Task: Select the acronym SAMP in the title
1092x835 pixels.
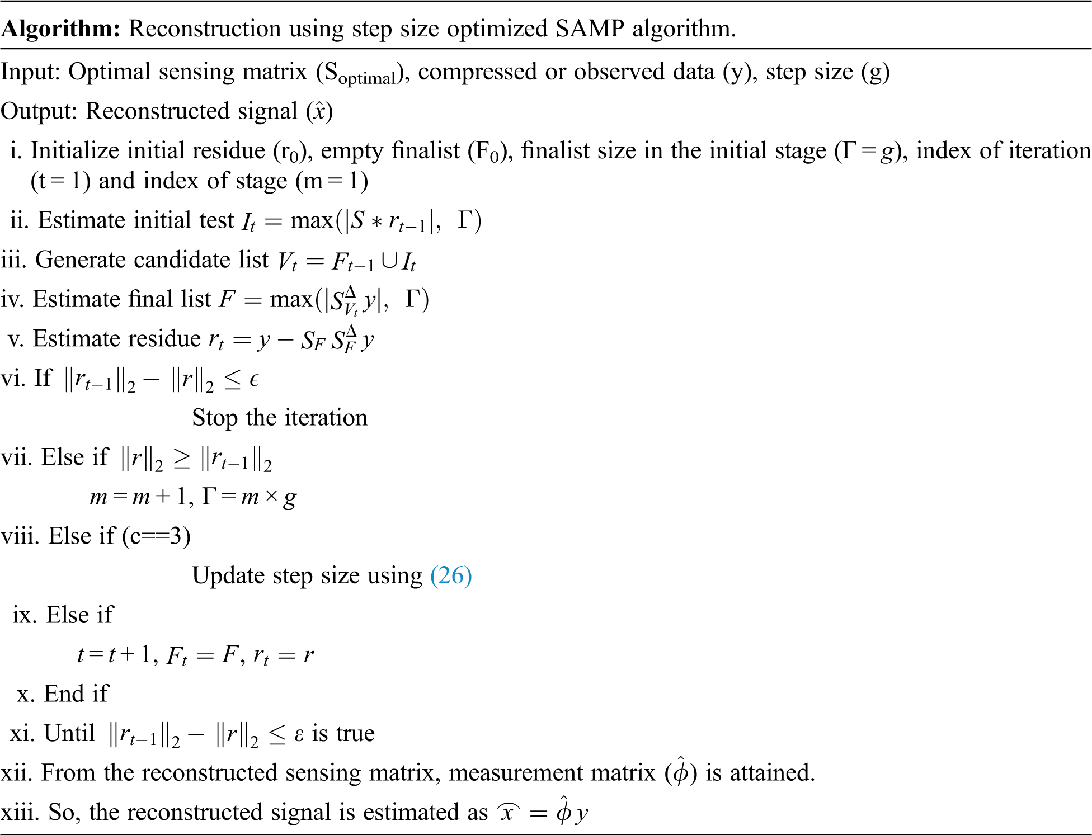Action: tap(590, 29)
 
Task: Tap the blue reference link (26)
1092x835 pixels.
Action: tap(451, 575)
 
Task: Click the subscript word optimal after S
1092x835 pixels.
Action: tap(367, 79)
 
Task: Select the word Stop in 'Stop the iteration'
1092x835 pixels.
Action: tap(215, 418)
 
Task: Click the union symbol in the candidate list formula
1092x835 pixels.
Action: tap(388, 261)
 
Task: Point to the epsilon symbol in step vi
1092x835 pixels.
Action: tap(254, 380)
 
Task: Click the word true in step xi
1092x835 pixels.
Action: tap(352, 733)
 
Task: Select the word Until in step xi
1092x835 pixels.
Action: tap(69, 733)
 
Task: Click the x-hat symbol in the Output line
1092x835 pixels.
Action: tap(319, 111)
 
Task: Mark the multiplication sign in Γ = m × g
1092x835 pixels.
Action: tap(271, 497)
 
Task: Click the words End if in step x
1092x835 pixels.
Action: tap(76, 694)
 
